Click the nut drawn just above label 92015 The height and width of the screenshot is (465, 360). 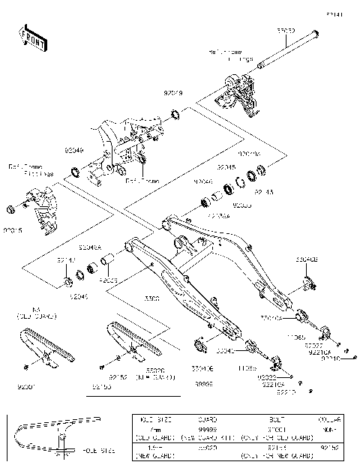coord(10,207)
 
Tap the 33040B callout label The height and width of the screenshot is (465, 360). coord(306,259)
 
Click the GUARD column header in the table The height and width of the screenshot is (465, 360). coord(207,420)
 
